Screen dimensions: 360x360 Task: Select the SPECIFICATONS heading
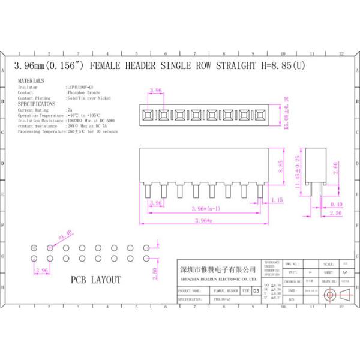(x=37, y=104)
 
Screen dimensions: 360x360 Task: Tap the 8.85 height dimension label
(x=280, y=166)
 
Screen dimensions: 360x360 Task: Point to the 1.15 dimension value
(x=277, y=200)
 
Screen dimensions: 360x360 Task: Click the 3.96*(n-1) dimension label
(x=206, y=208)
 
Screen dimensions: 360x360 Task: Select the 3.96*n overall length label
(x=205, y=221)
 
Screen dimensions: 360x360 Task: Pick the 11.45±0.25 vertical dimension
(x=297, y=172)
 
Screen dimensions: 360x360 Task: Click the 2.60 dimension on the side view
(x=335, y=167)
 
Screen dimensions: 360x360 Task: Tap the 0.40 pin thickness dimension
(x=337, y=205)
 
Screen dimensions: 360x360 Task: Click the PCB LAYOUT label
(x=96, y=280)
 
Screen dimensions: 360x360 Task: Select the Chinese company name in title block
(x=218, y=269)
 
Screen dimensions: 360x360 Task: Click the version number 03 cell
(x=257, y=290)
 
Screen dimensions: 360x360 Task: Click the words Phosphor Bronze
(x=82, y=92)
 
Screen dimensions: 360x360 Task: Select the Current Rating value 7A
(x=70, y=110)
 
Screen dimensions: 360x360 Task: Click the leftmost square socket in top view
(x=147, y=113)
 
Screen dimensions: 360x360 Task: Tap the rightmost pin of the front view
(x=259, y=194)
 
